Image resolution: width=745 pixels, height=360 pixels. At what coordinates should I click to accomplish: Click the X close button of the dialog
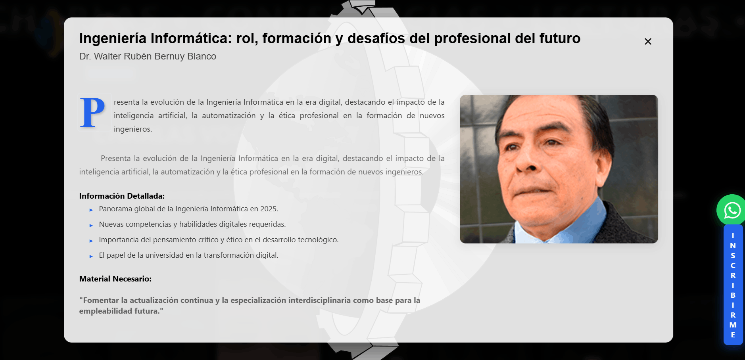pyautogui.click(x=648, y=41)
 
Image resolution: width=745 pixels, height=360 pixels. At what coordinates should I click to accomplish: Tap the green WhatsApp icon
pyautogui.click(x=732, y=210)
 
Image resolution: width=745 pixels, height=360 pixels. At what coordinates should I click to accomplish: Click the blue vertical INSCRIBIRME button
pyautogui.click(x=733, y=285)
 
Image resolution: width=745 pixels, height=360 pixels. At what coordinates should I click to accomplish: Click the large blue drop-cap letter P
pyautogui.click(x=92, y=113)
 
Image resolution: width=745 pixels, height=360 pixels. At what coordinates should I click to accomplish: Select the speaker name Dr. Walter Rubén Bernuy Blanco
pyautogui.click(x=148, y=56)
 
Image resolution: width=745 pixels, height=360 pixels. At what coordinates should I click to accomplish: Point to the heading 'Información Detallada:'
pyautogui.click(x=122, y=196)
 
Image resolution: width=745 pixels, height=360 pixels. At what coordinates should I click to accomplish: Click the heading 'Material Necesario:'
pyautogui.click(x=115, y=279)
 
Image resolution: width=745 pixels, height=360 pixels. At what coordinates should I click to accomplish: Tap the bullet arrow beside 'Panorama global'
pyautogui.click(x=91, y=210)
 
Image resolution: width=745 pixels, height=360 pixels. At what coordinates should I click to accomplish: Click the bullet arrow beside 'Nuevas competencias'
pyautogui.click(x=91, y=225)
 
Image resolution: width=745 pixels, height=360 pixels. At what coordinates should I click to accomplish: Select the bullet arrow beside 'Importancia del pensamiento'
pyautogui.click(x=91, y=241)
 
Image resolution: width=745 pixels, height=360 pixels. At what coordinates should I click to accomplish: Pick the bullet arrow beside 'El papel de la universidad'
pyautogui.click(x=91, y=256)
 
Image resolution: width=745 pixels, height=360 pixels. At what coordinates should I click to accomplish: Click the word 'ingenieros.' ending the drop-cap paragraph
pyautogui.click(x=133, y=129)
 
